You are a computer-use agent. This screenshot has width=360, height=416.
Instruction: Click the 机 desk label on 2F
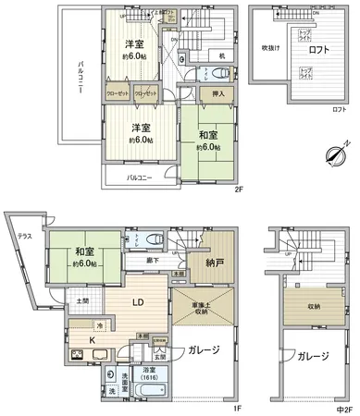point(223,55)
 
